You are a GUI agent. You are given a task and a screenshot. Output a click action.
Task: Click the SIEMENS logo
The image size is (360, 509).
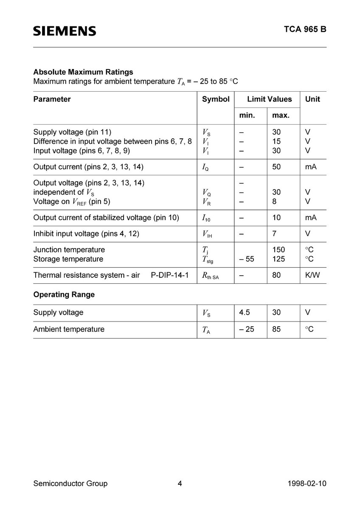[65, 31]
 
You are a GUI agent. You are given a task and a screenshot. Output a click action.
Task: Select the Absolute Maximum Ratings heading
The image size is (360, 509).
[83, 72]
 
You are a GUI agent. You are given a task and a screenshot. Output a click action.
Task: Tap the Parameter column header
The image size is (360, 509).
[52, 99]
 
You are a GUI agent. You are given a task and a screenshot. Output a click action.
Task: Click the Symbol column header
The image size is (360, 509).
[216, 99]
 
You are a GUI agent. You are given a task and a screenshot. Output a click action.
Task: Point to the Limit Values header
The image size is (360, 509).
[270, 99]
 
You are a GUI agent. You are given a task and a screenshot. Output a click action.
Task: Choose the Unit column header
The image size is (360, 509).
[312, 99]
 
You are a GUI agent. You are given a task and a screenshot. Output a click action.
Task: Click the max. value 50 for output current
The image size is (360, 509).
[276, 167]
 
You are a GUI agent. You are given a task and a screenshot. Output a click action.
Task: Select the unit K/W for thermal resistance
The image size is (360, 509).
[312, 275]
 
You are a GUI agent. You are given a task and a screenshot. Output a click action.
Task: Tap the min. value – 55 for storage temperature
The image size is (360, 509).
[246, 259]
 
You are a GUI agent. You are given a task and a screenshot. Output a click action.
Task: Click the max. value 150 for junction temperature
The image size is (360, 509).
[278, 250]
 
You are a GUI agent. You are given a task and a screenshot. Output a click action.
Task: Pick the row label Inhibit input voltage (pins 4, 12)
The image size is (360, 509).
[86, 234]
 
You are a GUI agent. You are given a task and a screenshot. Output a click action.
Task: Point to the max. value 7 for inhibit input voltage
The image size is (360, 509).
[274, 234]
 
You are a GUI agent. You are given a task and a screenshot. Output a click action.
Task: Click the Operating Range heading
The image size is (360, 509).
[64, 295]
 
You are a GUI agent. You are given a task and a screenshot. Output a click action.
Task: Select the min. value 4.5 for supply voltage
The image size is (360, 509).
[245, 313]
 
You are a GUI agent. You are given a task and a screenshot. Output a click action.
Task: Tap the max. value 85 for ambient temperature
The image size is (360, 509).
[276, 329]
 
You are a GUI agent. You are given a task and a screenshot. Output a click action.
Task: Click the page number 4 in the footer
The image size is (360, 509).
[180, 484]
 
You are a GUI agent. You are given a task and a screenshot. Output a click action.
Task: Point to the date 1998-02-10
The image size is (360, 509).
[307, 484]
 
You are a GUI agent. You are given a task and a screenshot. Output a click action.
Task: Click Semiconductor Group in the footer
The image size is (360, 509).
[70, 484]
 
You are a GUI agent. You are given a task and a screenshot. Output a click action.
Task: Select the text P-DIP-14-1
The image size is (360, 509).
[169, 275]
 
